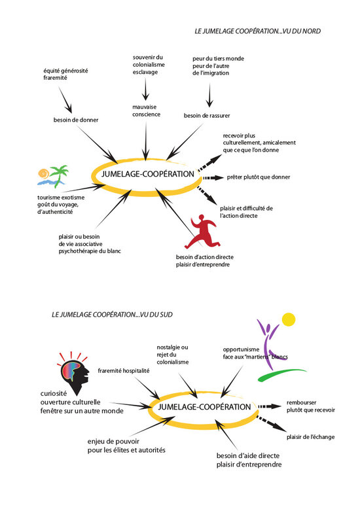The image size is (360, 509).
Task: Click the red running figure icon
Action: pos(202,232)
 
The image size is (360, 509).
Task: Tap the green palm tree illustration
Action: pos(58,175)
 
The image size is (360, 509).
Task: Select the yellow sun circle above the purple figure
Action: pos(288,319)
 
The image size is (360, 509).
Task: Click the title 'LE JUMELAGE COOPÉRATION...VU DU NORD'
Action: pos(258,31)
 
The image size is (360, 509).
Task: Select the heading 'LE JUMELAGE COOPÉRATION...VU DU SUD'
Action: pos(112,315)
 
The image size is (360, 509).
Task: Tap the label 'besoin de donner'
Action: pos(76,120)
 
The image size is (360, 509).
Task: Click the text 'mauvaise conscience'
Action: pos(146,111)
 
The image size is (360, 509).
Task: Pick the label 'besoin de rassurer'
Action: pos(207,116)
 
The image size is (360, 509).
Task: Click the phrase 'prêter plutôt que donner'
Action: pos(259,177)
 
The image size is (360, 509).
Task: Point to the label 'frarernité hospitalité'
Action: pos(124,371)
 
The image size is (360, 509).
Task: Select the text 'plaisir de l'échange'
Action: pos(310,437)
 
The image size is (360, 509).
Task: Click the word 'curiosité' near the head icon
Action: pos(54,393)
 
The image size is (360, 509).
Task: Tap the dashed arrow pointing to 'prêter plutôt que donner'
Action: pos(213,178)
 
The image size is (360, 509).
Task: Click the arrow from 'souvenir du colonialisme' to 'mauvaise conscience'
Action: pos(145,89)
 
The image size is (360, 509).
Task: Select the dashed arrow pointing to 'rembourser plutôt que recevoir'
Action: pos(270,406)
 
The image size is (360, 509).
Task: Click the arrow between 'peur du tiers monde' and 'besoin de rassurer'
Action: pos(209,96)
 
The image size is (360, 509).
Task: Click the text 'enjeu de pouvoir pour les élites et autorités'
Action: pos(126,446)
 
